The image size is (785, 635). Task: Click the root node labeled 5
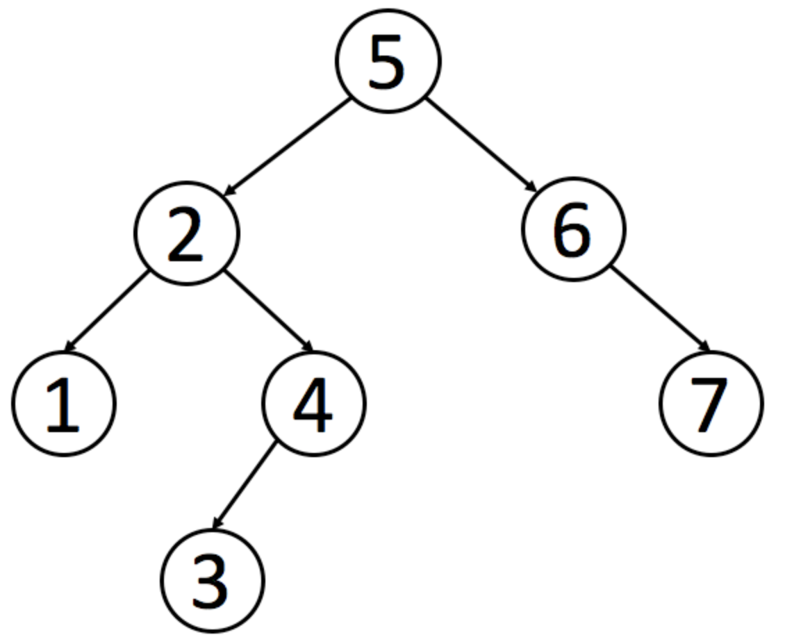[x=388, y=60]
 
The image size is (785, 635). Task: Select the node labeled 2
[x=187, y=233]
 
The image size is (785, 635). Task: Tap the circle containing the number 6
[x=573, y=229]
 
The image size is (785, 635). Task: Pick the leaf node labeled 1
[x=64, y=403]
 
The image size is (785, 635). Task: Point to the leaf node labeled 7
[x=711, y=403]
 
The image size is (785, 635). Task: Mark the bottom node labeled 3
[x=213, y=580]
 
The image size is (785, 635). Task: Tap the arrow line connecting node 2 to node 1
[x=107, y=310]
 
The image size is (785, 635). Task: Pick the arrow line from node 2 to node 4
[x=268, y=311]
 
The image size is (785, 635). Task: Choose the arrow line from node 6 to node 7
[x=661, y=309]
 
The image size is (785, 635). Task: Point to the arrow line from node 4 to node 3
[x=245, y=486]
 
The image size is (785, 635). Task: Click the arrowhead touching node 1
[x=70, y=345]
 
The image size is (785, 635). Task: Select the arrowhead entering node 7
[x=705, y=346]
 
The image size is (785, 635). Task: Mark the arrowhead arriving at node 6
[x=531, y=186]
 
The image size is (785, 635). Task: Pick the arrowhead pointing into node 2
[x=229, y=190]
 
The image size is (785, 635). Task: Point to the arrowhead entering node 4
[x=307, y=345]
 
